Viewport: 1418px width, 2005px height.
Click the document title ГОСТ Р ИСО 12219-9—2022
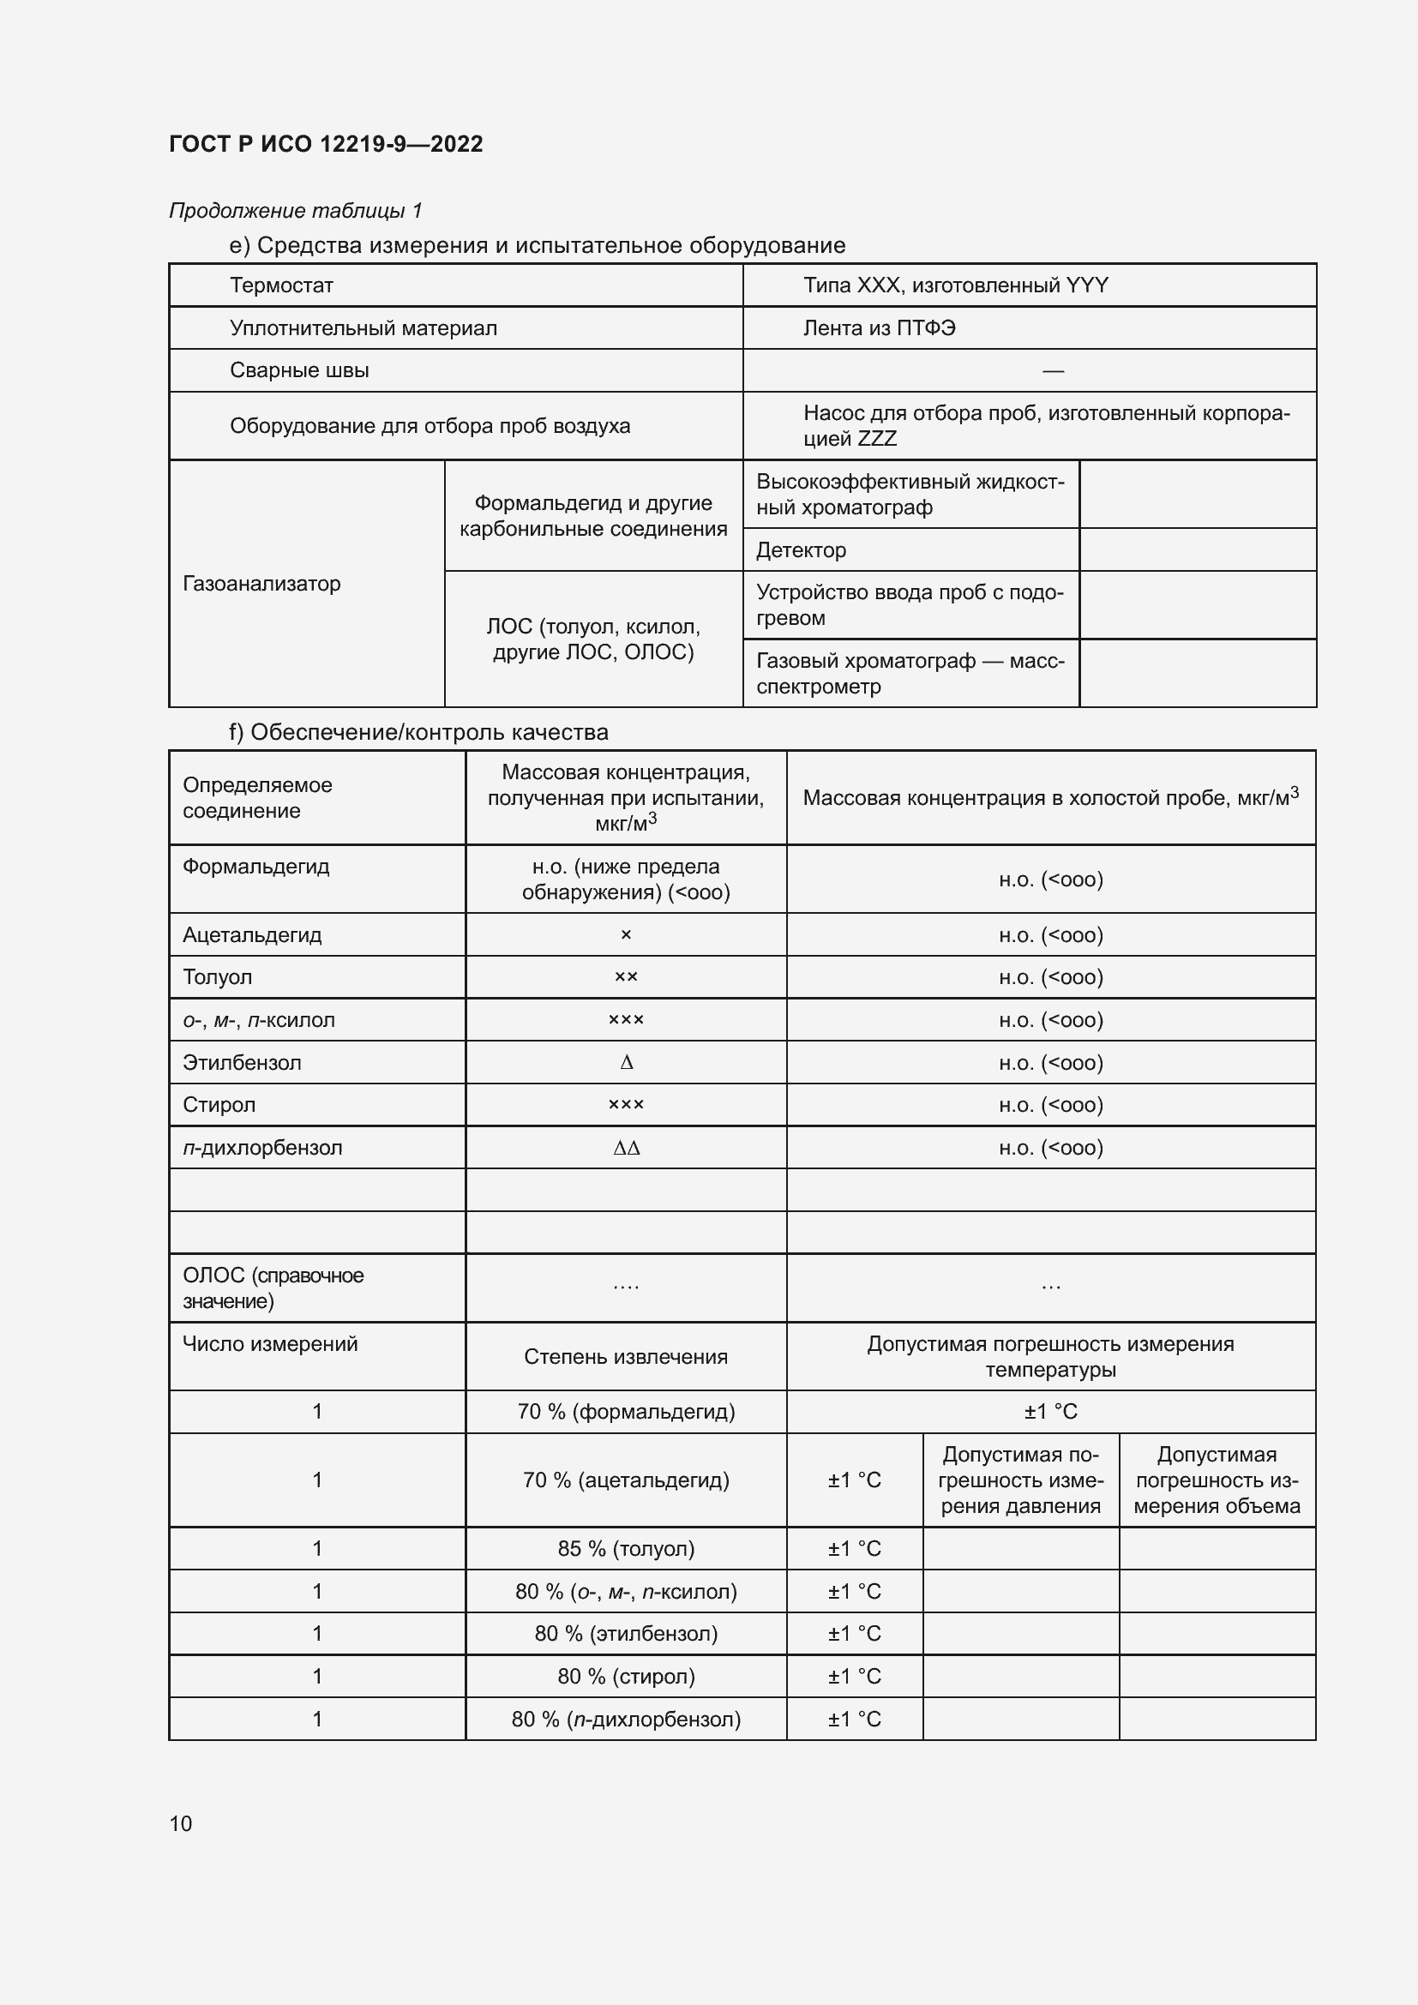tap(325, 144)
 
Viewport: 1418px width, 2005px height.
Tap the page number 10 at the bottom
tap(180, 1823)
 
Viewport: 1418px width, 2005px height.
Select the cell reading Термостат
tap(281, 285)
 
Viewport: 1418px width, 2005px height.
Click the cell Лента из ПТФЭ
tap(879, 328)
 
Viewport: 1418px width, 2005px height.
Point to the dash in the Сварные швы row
tap(1052, 371)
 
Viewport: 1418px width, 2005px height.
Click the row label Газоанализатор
tap(261, 584)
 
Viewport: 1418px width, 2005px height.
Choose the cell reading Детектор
tap(801, 550)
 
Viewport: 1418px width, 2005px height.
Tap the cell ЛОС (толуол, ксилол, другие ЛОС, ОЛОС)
tap(593, 639)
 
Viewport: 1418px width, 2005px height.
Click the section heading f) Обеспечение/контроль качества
tap(418, 732)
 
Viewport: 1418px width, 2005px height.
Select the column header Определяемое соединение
tap(256, 797)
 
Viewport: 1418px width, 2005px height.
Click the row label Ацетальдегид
tap(251, 935)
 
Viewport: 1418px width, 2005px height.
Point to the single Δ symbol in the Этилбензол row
tap(626, 1063)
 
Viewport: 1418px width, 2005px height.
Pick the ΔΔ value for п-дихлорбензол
tap(626, 1148)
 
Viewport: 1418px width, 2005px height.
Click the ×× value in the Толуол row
tap(626, 977)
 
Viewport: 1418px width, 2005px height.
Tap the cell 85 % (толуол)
tap(626, 1548)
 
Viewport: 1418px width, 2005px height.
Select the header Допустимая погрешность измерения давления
tap(1020, 1480)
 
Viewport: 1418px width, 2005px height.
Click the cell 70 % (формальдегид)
tap(626, 1411)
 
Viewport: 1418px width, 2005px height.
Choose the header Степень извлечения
tap(625, 1356)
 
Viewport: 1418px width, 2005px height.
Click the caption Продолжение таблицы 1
tap(295, 211)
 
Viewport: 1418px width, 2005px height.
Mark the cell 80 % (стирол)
tap(626, 1676)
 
